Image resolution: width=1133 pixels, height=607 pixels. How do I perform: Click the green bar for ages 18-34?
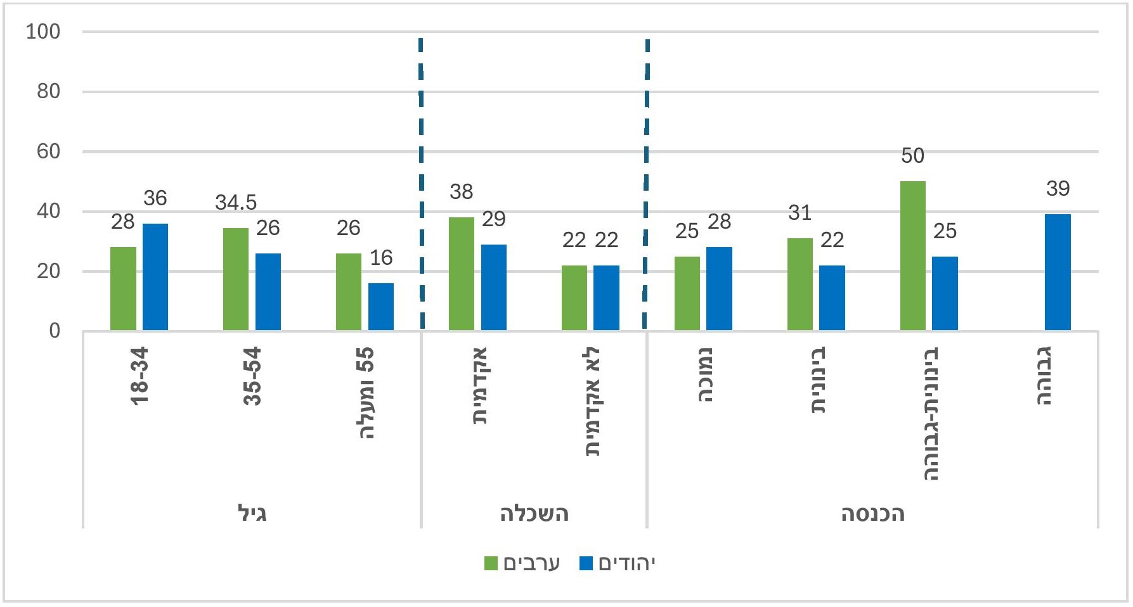pyautogui.click(x=123, y=288)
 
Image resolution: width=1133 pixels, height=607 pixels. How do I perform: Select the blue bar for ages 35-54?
pyautogui.click(x=268, y=291)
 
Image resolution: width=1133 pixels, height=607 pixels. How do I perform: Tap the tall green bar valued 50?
pyautogui.click(x=913, y=255)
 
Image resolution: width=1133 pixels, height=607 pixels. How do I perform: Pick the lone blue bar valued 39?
pyautogui.click(x=1058, y=272)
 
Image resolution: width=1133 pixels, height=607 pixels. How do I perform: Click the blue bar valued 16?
pyautogui.click(x=381, y=306)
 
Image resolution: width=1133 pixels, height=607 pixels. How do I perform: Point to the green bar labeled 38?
pyautogui.click(x=462, y=274)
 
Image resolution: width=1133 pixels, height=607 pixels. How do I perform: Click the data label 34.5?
pyautogui.click(x=236, y=203)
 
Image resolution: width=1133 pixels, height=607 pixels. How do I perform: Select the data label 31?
pyautogui.click(x=800, y=213)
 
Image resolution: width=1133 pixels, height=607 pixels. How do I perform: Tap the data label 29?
pyautogui.click(x=494, y=219)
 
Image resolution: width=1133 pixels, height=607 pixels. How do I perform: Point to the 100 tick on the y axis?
pyautogui.click(x=43, y=32)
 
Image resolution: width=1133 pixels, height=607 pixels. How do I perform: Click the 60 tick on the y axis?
pyautogui.click(x=48, y=151)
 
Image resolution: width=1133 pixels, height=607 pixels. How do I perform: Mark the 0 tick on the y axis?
pyautogui.click(x=55, y=331)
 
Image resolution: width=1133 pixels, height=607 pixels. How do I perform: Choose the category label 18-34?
pyautogui.click(x=139, y=376)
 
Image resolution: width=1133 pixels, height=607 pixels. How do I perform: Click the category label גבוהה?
pyautogui.click(x=1044, y=376)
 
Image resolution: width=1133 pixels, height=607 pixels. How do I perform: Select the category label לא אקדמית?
pyautogui.click(x=592, y=401)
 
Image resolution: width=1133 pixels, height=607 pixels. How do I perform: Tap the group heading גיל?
pyautogui.click(x=252, y=513)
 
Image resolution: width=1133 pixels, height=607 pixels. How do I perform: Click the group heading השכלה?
pyautogui.click(x=534, y=513)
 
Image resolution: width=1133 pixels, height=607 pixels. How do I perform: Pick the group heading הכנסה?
pyautogui.click(x=872, y=513)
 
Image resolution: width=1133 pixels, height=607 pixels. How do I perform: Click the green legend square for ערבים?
pyautogui.click(x=491, y=563)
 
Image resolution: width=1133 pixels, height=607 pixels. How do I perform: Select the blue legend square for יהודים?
pyautogui.click(x=586, y=563)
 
